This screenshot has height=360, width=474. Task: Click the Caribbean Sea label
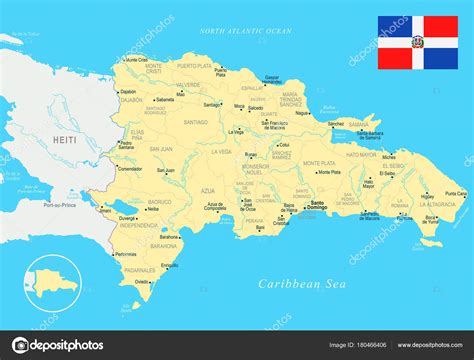(x=300, y=283)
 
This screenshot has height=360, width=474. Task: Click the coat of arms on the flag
(x=417, y=43)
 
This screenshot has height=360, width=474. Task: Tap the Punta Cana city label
(x=454, y=193)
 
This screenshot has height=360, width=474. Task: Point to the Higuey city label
(x=427, y=195)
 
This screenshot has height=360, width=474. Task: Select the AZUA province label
(x=207, y=189)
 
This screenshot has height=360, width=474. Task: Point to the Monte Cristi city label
(x=153, y=68)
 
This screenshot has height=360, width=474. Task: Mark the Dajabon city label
(x=127, y=92)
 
